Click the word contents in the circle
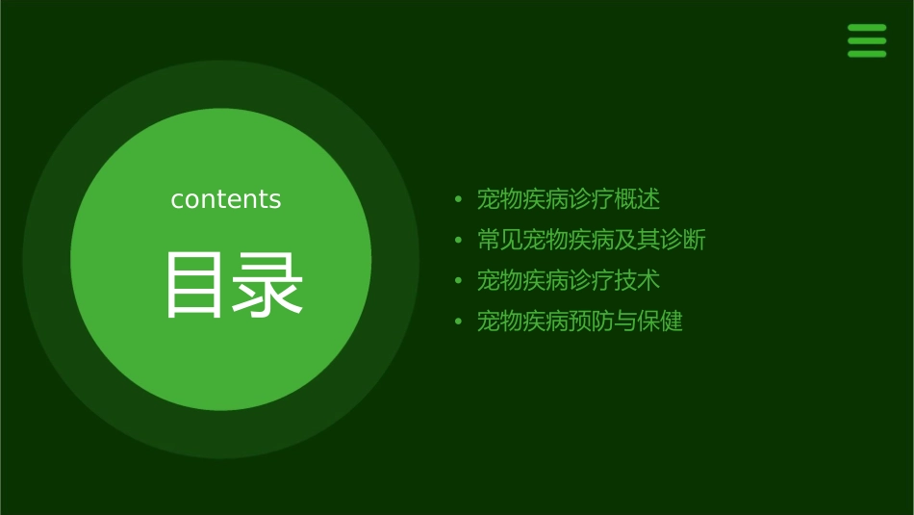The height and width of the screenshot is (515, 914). click(226, 199)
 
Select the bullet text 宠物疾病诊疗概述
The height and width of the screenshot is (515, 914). click(569, 199)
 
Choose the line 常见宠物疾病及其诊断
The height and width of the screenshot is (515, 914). click(592, 240)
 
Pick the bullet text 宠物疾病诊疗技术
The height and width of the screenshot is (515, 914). click(569, 280)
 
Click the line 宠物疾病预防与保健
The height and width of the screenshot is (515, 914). click(580, 321)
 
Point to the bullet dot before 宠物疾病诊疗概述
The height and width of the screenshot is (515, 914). click(459, 200)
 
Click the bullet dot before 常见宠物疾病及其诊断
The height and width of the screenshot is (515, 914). click(459, 241)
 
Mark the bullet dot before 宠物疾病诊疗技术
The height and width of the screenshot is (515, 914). click(459, 281)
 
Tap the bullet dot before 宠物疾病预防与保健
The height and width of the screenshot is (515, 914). click(459, 322)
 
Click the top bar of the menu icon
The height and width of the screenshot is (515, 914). click(867, 28)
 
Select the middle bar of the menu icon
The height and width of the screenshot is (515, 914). click(867, 40)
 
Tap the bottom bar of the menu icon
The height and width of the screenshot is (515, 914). click(867, 54)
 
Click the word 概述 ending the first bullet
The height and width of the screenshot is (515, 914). click(638, 199)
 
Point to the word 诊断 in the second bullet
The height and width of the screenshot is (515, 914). click(683, 240)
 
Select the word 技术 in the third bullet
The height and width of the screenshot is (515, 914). click(638, 280)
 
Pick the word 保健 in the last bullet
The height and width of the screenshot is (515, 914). click(660, 321)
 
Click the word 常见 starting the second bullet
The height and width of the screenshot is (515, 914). click(500, 240)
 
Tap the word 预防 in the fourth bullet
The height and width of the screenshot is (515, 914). click(592, 321)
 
